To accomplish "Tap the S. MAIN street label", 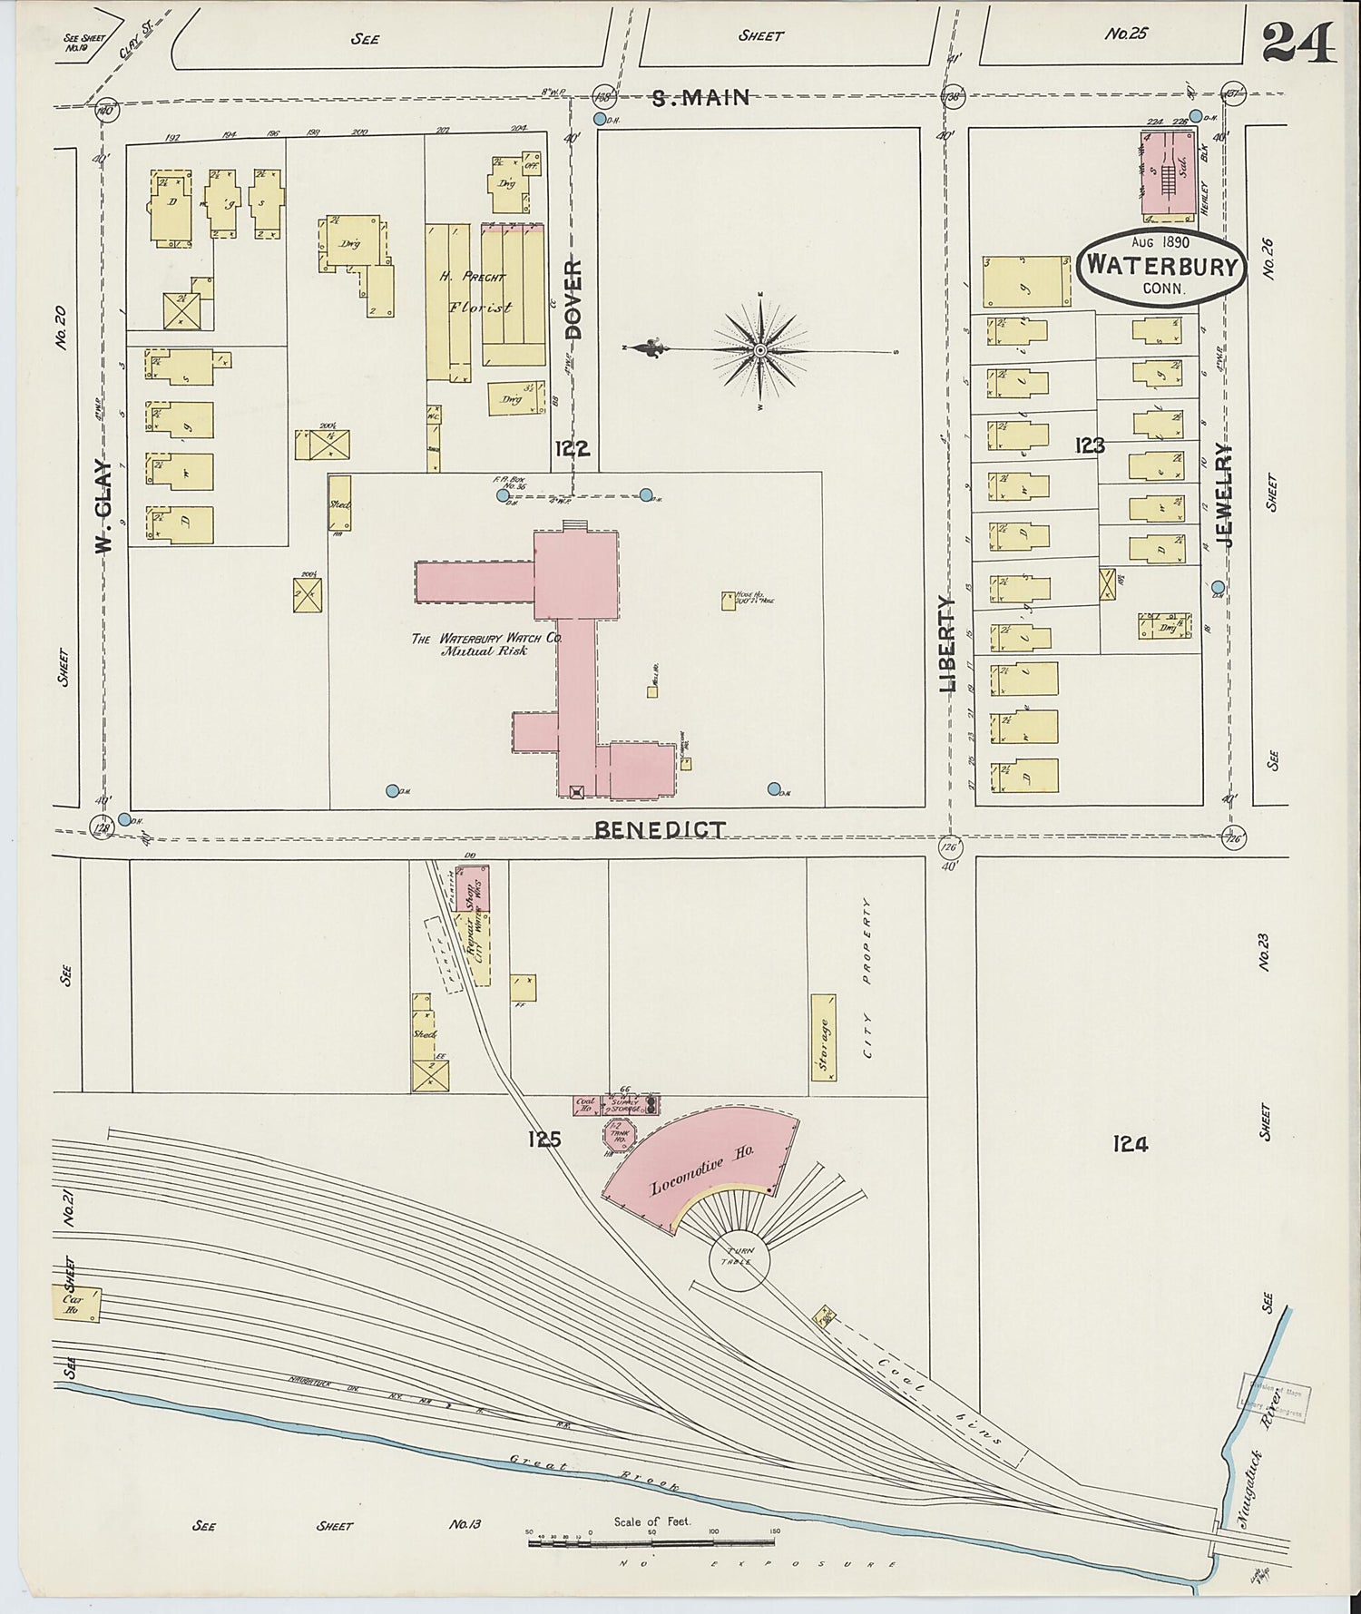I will tap(700, 97).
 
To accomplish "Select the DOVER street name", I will tap(573, 298).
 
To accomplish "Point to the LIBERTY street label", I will tap(947, 644).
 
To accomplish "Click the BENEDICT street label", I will tap(660, 829).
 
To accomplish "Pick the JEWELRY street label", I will tap(1226, 494).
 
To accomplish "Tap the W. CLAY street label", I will tap(103, 507).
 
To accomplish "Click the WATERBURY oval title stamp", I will tap(1161, 266).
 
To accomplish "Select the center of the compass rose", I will tap(760, 349).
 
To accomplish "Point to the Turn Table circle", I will tap(738, 1259).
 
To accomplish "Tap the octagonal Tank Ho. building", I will tap(620, 1133).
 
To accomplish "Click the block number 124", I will tap(1130, 1144).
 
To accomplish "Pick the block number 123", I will tap(1089, 445).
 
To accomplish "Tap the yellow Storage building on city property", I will tap(823, 1037).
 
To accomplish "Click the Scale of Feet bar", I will tap(651, 1541).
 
